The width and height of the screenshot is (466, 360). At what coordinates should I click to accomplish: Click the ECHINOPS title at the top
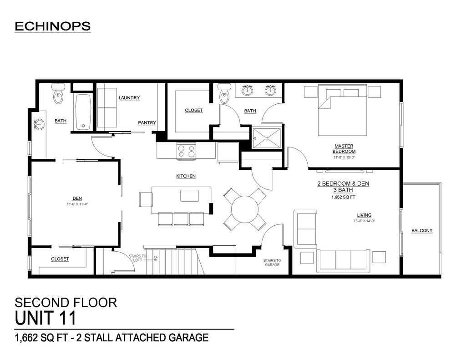[x=53, y=26]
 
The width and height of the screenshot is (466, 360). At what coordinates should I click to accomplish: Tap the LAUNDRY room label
[x=129, y=97]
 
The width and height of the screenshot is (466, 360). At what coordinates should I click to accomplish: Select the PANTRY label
[x=147, y=122]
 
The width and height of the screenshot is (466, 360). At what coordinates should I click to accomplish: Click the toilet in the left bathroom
[x=58, y=93]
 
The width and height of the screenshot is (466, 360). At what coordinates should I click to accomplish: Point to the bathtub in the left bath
[x=83, y=112]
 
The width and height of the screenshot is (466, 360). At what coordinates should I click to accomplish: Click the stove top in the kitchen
[x=186, y=151]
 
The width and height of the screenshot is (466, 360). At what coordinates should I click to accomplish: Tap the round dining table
[x=245, y=209]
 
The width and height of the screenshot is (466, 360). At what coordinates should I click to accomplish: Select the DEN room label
[x=77, y=198]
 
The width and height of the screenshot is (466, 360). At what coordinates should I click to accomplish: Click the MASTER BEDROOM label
[x=344, y=149]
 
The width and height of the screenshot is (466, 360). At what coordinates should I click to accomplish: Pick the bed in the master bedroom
[x=343, y=110]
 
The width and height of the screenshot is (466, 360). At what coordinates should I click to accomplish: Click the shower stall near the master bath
[x=267, y=138]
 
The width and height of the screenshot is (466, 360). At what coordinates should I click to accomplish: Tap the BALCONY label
[x=422, y=230]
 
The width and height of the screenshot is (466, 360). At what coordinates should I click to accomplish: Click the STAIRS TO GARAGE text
[x=272, y=263]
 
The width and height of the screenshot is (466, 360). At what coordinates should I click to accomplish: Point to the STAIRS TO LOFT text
[x=137, y=258]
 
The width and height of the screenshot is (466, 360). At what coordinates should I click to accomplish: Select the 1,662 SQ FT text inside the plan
[x=344, y=197]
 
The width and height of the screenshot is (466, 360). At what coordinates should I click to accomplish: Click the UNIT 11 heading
[x=46, y=318]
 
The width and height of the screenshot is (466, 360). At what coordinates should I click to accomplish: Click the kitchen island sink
[x=189, y=196]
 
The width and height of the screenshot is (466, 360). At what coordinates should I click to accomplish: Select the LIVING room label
[x=365, y=215]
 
